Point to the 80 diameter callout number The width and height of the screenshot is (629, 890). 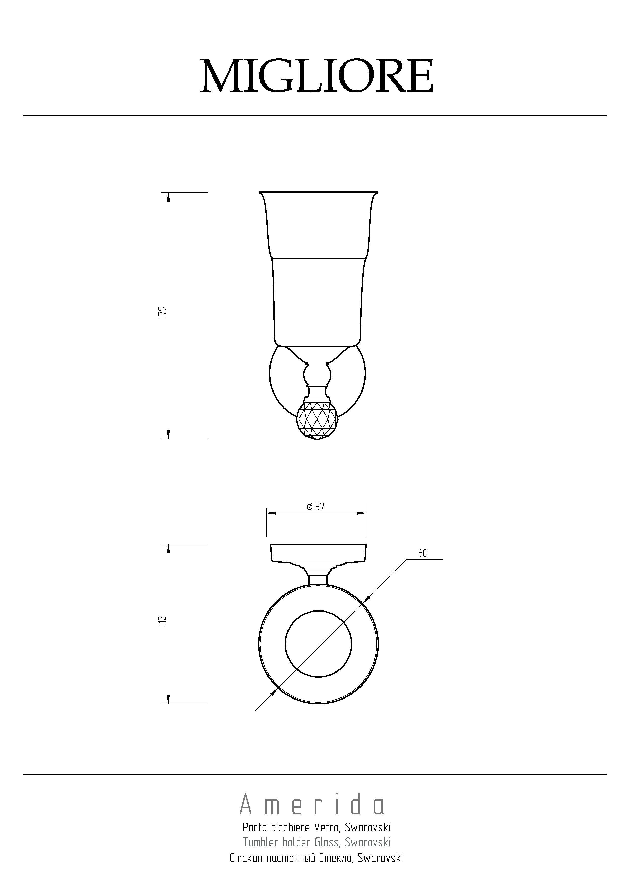[423, 553]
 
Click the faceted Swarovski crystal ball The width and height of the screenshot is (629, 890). [317, 421]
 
